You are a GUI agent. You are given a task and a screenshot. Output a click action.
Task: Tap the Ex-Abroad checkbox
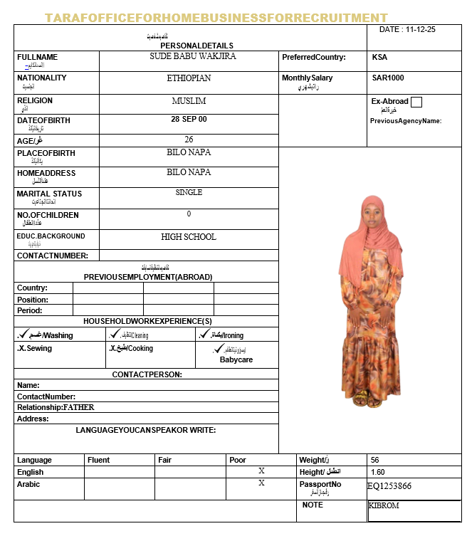tap(416, 102)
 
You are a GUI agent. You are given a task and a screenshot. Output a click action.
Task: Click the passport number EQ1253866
tap(389, 487)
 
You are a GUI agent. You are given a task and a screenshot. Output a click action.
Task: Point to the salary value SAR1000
tap(388, 78)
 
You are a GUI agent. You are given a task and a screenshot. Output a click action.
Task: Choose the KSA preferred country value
tap(380, 57)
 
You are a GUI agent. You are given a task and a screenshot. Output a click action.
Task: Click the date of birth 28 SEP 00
tap(189, 119)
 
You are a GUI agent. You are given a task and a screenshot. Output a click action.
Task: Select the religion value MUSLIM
tap(189, 101)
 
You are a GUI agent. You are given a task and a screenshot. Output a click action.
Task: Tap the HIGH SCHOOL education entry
tap(189, 237)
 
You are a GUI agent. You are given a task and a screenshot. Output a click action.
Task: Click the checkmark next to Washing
tap(23, 333)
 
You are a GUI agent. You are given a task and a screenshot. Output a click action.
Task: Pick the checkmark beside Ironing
tap(205, 333)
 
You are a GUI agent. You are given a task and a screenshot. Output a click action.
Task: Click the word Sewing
tap(39, 349)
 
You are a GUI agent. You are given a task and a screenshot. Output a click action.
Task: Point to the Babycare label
tap(236, 360)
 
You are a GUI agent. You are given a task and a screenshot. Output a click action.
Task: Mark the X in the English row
tap(261, 471)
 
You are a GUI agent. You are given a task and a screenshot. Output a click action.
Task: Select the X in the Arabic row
tap(261, 483)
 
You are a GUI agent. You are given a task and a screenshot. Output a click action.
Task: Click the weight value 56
tap(375, 460)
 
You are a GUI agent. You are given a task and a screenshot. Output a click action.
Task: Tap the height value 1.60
tap(378, 472)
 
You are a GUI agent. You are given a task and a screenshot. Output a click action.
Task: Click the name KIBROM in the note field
tap(384, 505)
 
